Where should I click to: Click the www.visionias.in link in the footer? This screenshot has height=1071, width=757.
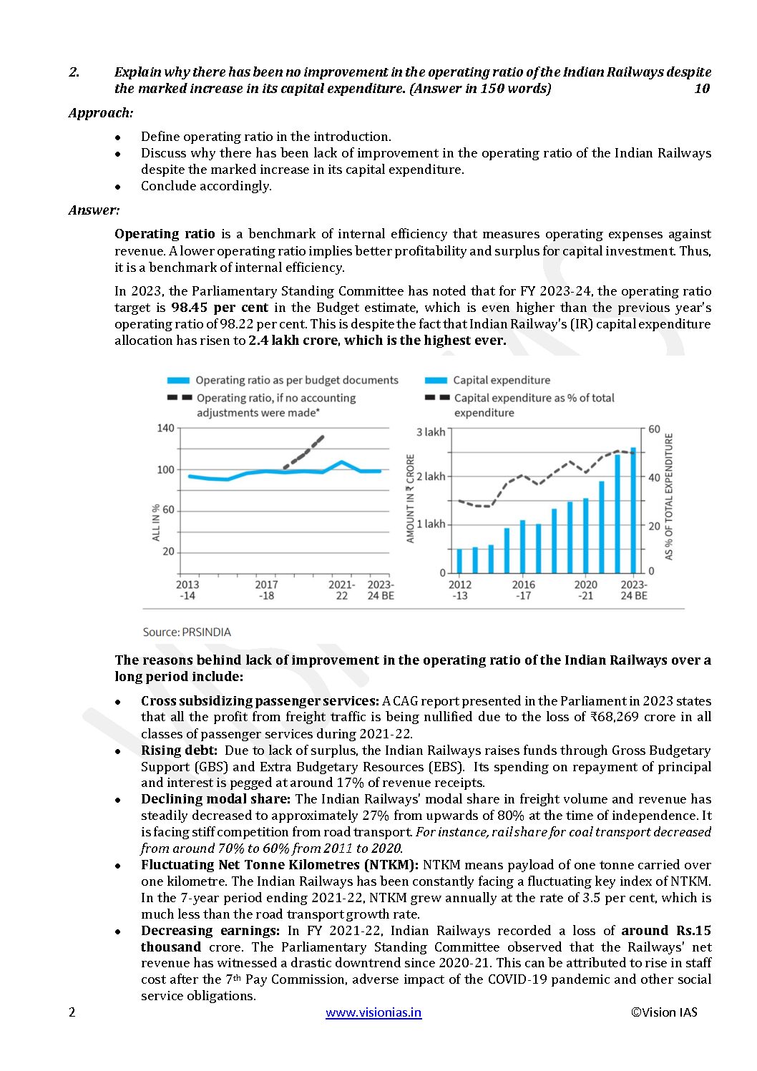pos(373,1012)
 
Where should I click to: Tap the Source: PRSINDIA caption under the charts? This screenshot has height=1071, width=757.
pos(187,632)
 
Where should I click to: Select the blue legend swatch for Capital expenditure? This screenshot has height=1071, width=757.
pos(436,381)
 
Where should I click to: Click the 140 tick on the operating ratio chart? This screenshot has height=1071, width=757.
pos(165,429)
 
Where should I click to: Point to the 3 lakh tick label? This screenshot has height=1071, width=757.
pos(431,432)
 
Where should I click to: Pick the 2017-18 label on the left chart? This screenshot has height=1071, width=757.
pos(266,590)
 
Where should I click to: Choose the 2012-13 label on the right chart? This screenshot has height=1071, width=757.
pos(460,590)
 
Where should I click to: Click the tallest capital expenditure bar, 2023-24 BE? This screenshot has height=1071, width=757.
pos(633,509)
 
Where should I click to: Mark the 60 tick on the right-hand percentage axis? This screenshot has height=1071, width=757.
pos(654,429)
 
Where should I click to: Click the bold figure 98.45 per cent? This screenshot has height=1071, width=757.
pos(220,308)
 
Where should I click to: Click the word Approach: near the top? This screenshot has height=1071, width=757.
pos(101,113)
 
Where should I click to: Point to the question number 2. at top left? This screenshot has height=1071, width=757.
pos(74,72)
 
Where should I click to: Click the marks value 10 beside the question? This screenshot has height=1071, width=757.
pos(702,89)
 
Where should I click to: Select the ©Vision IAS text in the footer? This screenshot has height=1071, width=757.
pos(664,1012)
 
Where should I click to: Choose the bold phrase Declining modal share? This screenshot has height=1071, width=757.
pos(215,799)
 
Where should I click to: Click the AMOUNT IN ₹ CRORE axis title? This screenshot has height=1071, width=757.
pos(411,499)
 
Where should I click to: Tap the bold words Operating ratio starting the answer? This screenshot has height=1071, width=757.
pos(165,234)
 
